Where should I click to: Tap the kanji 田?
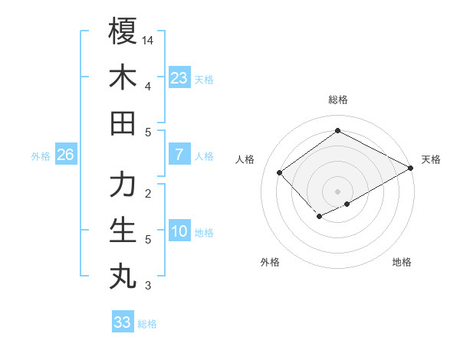[x=123, y=123]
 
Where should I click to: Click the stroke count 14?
[x=149, y=39]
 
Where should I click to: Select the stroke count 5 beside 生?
[x=148, y=240]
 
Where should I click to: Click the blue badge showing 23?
[x=179, y=77]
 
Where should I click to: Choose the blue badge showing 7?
[x=179, y=155]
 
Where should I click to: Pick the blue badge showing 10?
[x=179, y=231]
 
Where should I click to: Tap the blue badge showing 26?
[x=66, y=155]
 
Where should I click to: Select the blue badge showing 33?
[x=123, y=322]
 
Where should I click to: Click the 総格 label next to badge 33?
[x=147, y=324]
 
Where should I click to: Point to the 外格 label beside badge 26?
[x=41, y=156]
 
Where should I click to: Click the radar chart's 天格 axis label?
[x=431, y=159]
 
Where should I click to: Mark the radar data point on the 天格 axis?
[x=411, y=168]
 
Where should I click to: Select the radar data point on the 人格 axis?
[x=280, y=172]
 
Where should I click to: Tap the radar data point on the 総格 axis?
[x=337, y=130]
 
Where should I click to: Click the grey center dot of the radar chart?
[x=337, y=191]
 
